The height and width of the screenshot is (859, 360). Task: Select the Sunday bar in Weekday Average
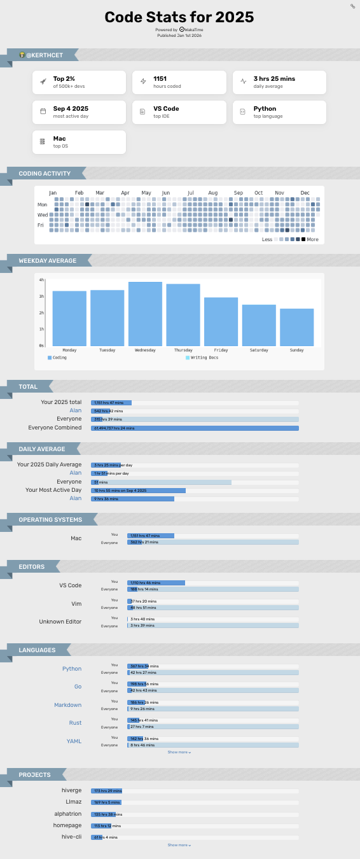point(297,327)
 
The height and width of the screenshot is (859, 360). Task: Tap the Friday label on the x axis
point(221,350)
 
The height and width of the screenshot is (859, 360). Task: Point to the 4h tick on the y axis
point(41,280)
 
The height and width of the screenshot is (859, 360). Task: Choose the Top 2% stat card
point(80,82)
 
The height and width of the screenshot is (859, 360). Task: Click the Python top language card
point(279,112)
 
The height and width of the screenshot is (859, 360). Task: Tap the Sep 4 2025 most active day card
point(80,112)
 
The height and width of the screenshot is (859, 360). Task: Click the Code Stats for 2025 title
point(179,17)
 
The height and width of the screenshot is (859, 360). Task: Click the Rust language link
point(75,723)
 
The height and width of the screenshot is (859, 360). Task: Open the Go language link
point(78,687)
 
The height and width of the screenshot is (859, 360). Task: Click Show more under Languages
point(179,752)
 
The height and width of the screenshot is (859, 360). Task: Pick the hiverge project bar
point(106,790)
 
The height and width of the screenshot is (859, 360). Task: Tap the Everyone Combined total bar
point(195,428)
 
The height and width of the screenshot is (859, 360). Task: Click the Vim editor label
point(76,603)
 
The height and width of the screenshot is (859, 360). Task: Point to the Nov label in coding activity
point(279,193)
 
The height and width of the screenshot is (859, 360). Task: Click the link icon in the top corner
point(352,6)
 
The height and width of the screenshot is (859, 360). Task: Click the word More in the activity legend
point(312,240)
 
